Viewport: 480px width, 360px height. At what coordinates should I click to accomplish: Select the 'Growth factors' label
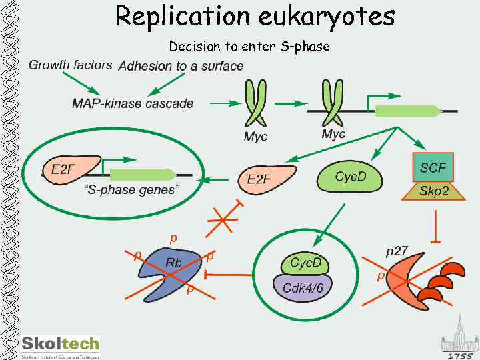70,65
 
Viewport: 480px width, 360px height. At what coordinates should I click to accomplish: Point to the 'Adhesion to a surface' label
181,65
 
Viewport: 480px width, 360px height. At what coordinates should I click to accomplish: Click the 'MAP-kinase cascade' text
133,103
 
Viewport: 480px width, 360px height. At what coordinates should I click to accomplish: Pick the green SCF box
433,166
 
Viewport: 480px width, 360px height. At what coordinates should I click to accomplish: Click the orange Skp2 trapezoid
433,191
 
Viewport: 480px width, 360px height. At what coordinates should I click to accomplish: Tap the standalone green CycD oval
350,177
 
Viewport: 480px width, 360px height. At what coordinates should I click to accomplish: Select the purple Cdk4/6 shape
304,289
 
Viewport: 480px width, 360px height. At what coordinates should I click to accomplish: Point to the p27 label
397,252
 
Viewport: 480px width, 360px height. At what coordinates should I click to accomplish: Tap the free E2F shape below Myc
263,179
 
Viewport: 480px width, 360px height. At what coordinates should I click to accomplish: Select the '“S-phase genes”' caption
131,190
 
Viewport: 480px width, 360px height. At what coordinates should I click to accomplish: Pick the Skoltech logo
61,345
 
